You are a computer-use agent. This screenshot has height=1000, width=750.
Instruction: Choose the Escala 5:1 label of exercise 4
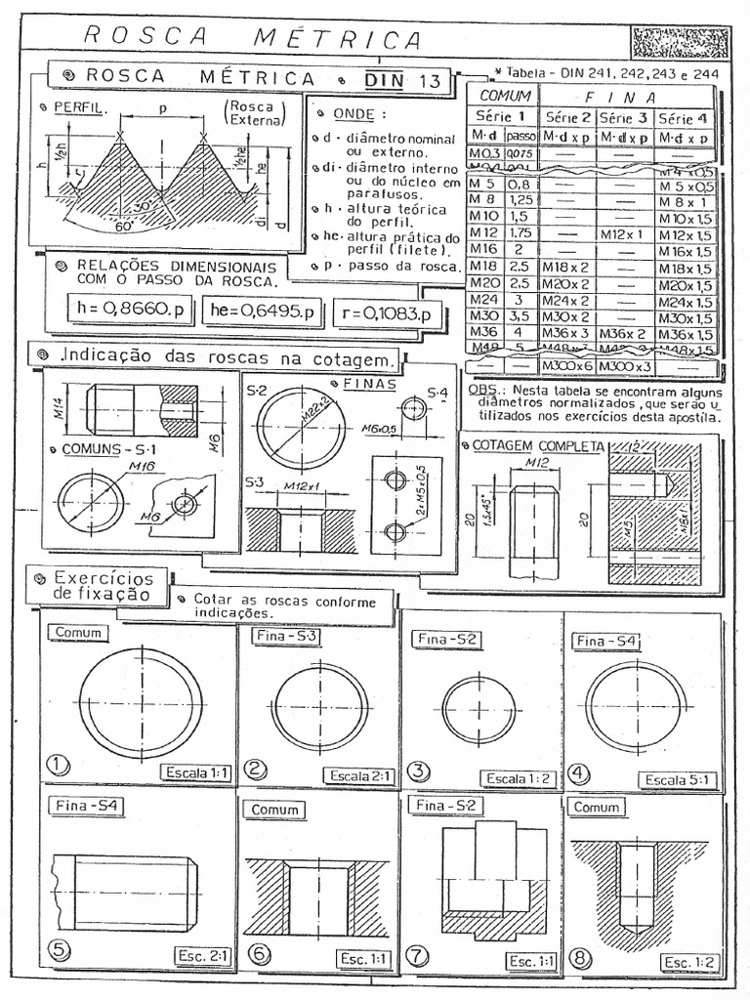click(680, 778)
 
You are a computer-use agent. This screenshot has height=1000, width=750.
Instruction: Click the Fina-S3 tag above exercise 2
click(288, 636)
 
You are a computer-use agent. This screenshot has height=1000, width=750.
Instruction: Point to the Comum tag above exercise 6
click(275, 810)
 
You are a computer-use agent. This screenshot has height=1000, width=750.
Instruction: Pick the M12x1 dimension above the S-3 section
click(305, 485)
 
